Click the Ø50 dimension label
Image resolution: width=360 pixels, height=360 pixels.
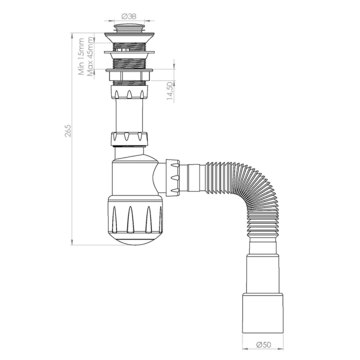260,344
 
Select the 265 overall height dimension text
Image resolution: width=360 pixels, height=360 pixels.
68,130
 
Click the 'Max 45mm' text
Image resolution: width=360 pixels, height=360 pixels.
90,56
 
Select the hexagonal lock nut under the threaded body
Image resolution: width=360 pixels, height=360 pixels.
129,78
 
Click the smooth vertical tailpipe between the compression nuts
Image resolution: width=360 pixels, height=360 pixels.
129,115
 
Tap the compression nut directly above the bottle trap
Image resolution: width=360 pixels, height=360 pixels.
130,138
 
